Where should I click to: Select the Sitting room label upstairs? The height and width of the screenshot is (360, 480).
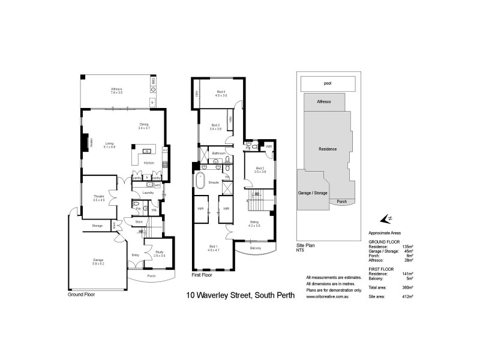254,223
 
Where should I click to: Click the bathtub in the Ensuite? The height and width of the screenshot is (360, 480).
200,180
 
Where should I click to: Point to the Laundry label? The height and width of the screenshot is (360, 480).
148,193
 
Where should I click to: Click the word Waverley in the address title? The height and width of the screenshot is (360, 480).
217,295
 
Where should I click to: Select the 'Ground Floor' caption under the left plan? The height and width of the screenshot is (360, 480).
81,295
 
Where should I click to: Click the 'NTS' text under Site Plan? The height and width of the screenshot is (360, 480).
301,250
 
